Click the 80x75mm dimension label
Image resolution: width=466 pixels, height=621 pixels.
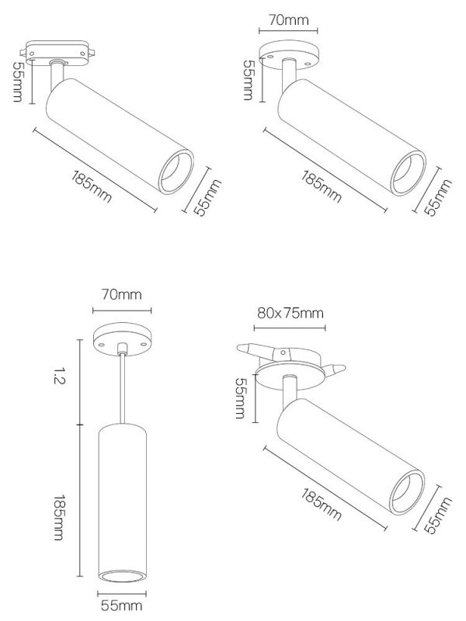[x=290, y=314]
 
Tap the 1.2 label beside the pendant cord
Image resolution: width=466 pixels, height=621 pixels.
[x=59, y=376]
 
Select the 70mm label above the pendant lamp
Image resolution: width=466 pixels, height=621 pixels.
[x=122, y=295]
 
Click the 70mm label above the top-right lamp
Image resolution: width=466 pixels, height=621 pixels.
[x=288, y=20]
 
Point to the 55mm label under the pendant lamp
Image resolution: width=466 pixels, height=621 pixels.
[x=122, y=605]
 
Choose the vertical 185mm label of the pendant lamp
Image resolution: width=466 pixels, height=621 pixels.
[x=59, y=517]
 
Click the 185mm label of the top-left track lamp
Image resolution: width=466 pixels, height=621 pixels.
[x=92, y=186]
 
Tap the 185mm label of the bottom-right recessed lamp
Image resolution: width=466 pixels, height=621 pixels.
[x=322, y=504]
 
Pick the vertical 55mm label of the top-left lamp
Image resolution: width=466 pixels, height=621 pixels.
[x=18, y=82]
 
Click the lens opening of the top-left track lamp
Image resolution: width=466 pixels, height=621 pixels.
[x=176, y=172]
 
